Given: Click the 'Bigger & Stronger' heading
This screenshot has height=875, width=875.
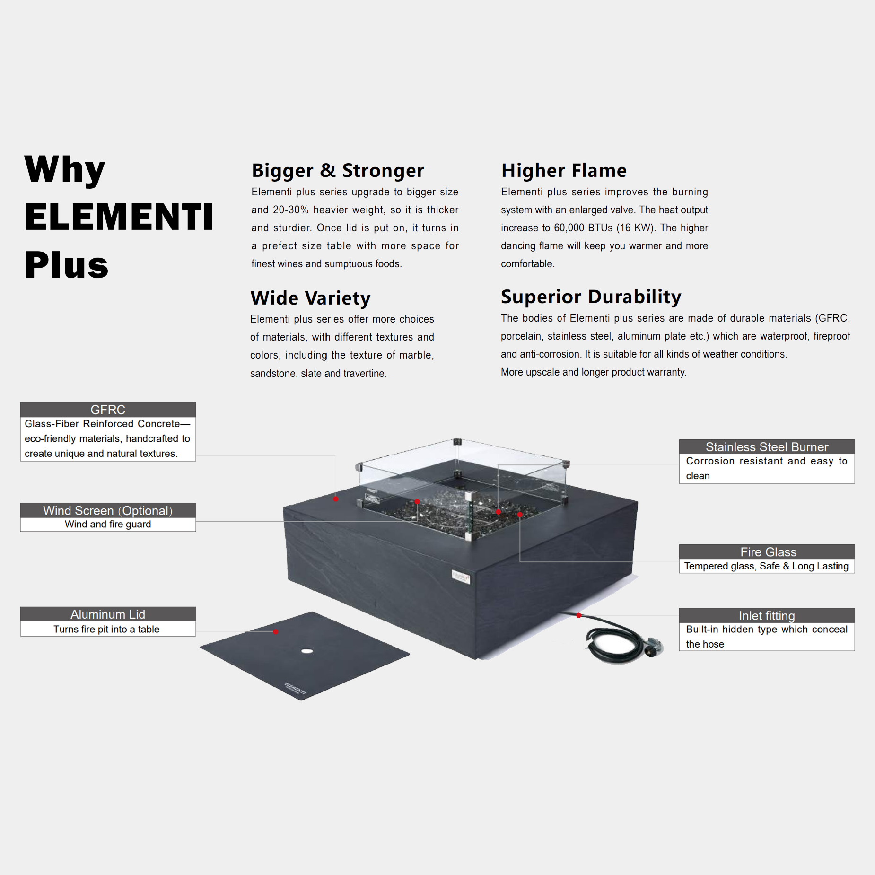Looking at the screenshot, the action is click(x=338, y=171).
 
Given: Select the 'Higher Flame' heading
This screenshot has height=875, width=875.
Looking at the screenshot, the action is click(x=564, y=170).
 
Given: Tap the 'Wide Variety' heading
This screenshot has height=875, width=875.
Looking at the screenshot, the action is click(x=310, y=298).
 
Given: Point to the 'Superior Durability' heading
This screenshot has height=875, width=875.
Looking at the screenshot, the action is click(x=591, y=297).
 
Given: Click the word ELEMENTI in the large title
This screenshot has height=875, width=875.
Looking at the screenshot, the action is click(x=119, y=217).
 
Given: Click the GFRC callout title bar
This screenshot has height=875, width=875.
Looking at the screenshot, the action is click(x=108, y=410).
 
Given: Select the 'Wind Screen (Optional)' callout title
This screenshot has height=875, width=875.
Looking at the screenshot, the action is click(x=108, y=510).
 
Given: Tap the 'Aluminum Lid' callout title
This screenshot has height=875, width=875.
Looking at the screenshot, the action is click(x=108, y=614).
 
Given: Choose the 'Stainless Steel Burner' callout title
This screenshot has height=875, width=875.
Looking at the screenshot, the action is click(x=767, y=447).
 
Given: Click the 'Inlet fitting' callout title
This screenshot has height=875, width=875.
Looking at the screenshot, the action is click(x=767, y=615).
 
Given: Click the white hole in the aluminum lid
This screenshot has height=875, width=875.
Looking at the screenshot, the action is click(x=307, y=651).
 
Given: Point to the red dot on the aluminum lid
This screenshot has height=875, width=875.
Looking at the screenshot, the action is click(x=276, y=632).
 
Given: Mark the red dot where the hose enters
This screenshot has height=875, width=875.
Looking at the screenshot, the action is click(x=579, y=615).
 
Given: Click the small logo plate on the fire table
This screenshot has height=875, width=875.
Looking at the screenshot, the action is click(x=461, y=577).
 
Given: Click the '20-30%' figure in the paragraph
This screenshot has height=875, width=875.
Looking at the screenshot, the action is click(x=290, y=210).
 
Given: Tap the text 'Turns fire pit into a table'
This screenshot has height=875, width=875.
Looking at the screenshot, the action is click(x=106, y=629).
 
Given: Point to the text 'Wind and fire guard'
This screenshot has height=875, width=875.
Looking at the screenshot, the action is click(x=108, y=524).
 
